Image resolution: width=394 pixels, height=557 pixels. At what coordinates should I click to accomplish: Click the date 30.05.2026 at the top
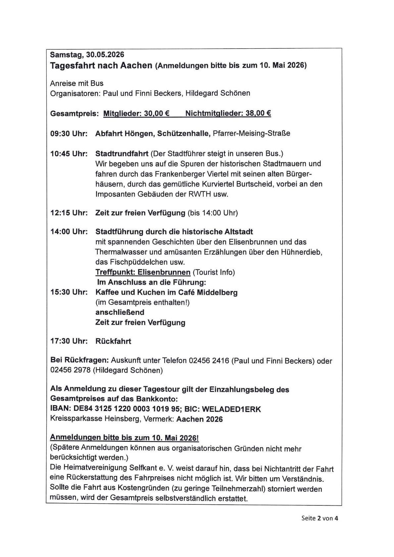105,54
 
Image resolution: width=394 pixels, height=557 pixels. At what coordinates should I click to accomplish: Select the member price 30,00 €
157,114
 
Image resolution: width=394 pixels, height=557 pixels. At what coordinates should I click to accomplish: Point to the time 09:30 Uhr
69,134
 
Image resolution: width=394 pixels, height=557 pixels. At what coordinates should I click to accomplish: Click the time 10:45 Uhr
69,154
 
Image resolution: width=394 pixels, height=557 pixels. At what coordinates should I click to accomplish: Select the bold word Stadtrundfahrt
122,154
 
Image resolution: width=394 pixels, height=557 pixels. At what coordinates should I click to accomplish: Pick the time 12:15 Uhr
69,213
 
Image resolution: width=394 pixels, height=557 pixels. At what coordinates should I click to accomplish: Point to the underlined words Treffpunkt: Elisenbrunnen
143,272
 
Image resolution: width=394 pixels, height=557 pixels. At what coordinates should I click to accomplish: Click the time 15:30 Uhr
69,293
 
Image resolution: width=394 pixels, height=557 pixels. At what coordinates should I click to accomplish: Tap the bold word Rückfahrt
113,341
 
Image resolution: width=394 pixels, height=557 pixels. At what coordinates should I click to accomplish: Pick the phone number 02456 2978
70,370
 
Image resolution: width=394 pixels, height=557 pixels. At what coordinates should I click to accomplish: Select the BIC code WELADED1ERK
231,409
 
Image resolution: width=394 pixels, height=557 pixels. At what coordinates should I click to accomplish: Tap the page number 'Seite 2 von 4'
320,518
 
